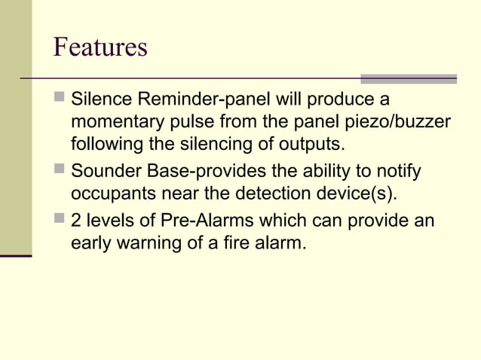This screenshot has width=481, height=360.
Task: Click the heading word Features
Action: click(100, 47)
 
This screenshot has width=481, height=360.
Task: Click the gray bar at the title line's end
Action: click(408, 78)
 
